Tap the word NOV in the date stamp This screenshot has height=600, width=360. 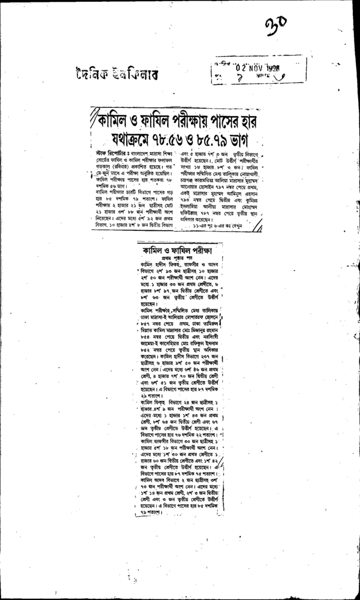pos(259,66)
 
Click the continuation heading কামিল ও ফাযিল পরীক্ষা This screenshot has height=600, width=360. pos(181,250)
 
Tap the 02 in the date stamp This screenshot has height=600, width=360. pos(242,66)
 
